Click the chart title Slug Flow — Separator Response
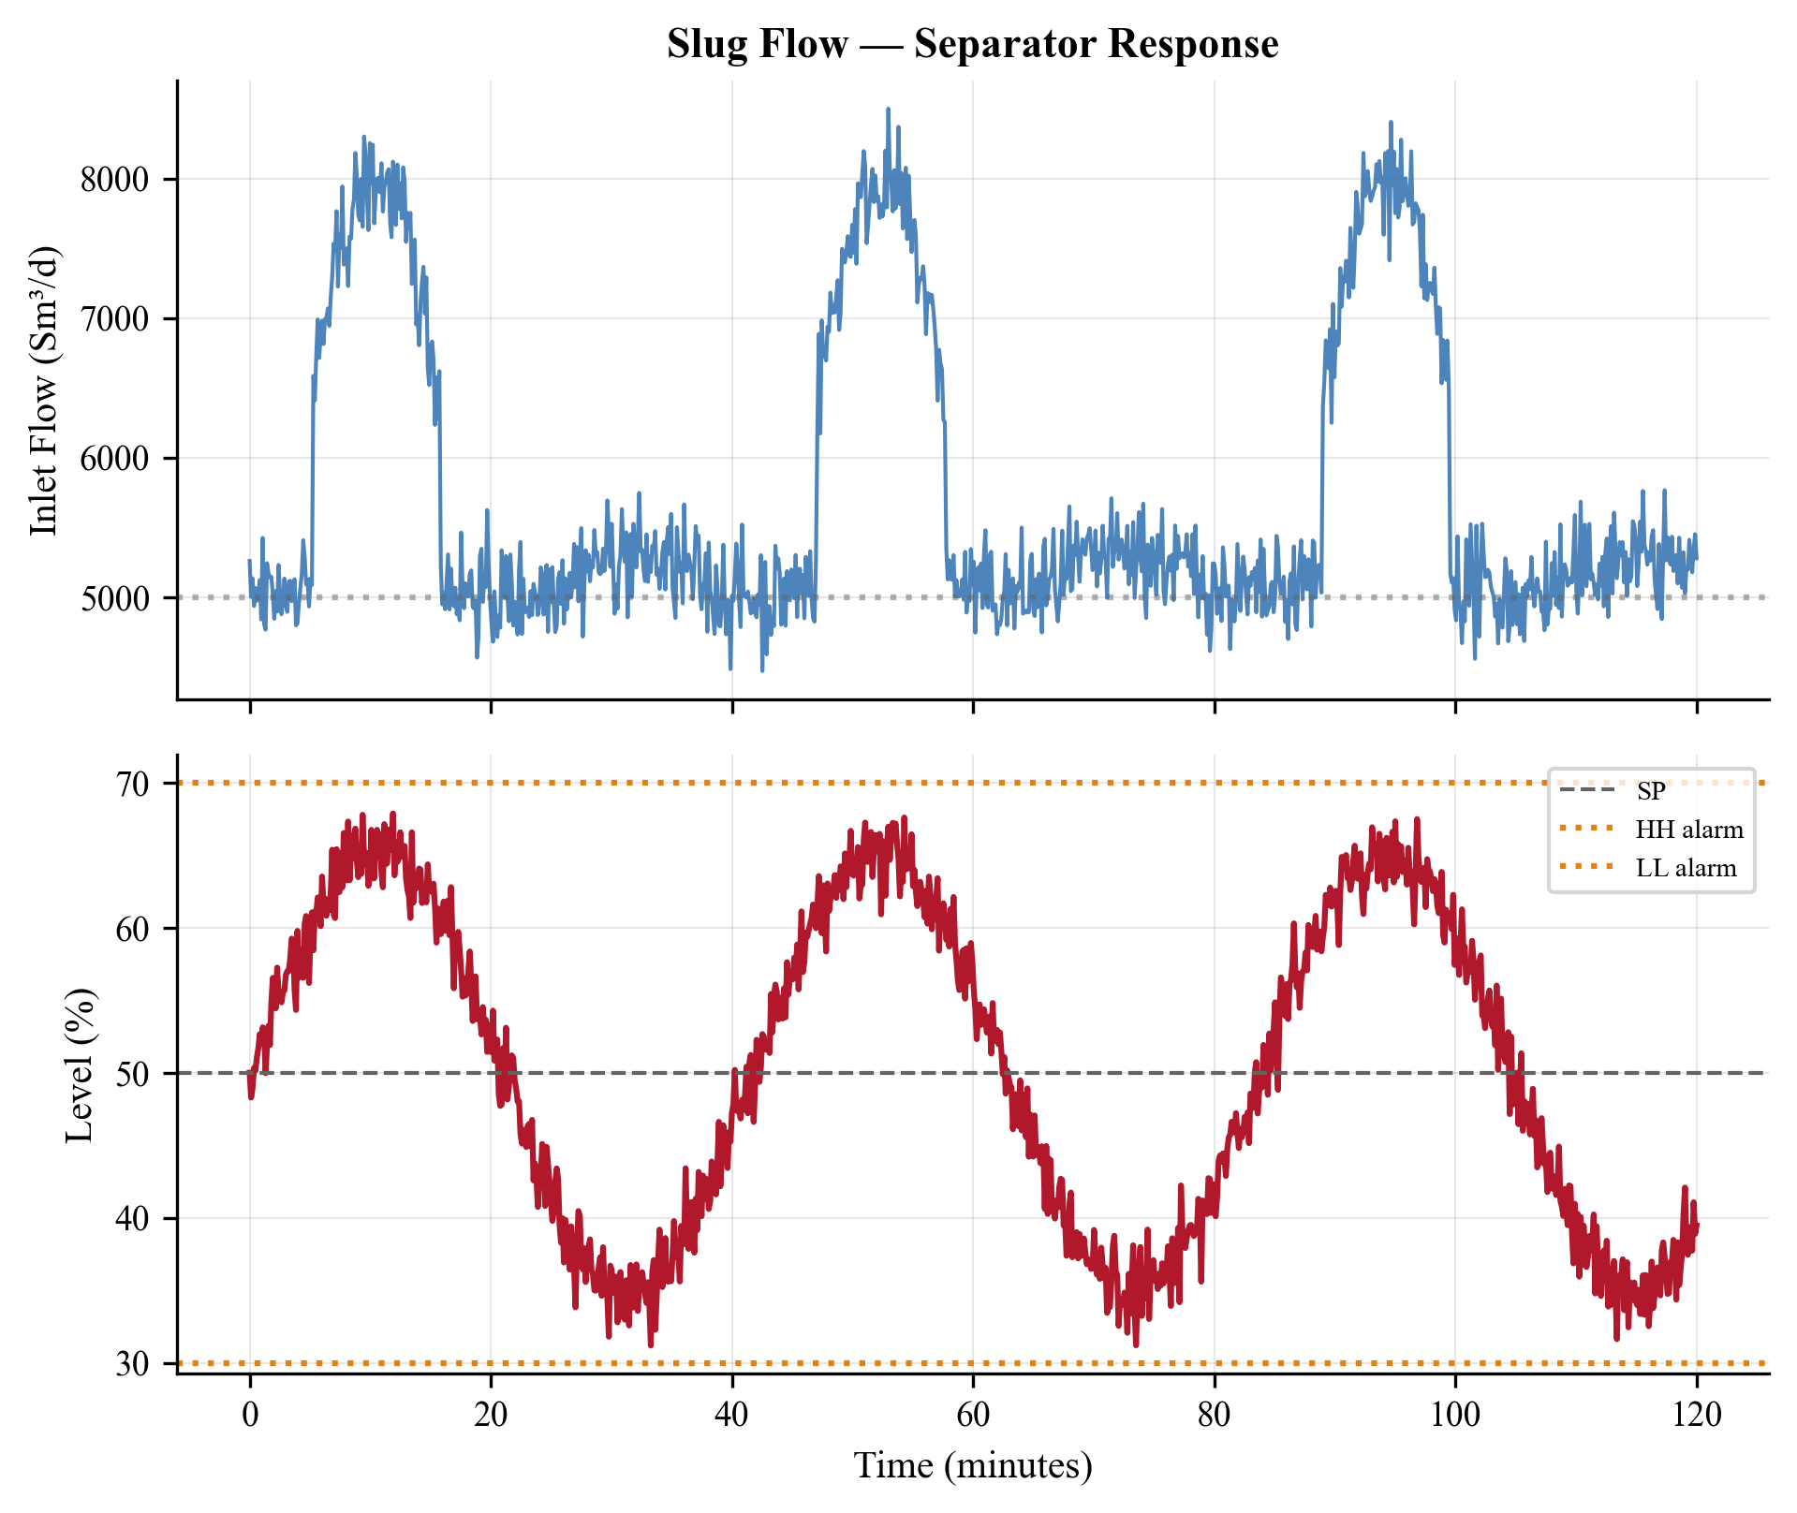(x=972, y=44)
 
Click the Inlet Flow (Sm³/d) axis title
(x=44, y=390)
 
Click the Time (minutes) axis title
(x=972, y=1465)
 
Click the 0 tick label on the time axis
(x=250, y=1414)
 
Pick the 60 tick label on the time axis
(x=973, y=1414)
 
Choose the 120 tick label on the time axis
(x=1696, y=1414)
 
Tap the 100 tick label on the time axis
(x=1455, y=1414)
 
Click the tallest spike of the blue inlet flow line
(x=888, y=110)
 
